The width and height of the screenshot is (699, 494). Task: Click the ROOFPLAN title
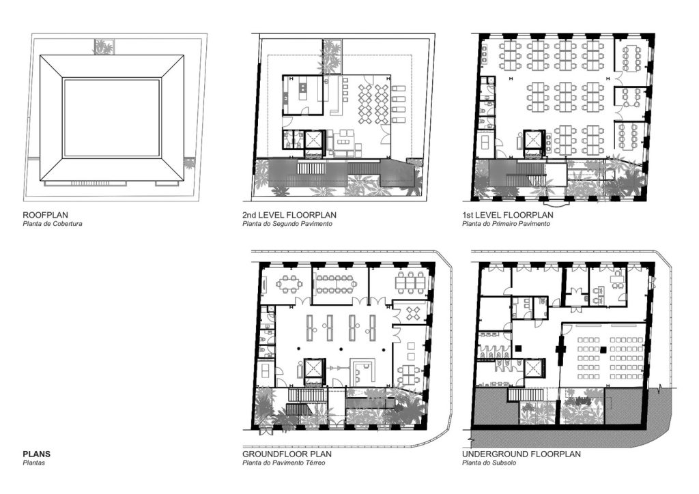tap(46, 215)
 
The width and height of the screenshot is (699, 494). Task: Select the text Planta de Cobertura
tap(53, 224)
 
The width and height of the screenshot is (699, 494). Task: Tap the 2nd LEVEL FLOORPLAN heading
tap(289, 215)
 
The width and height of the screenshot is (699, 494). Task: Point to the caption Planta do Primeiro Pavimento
tap(506, 224)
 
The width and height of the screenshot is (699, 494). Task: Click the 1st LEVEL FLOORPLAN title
tap(508, 215)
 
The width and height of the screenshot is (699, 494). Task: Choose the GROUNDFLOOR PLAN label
tap(287, 454)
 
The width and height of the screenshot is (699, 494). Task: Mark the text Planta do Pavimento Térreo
tap(284, 463)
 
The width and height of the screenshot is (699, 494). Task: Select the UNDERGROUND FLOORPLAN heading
tap(522, 454)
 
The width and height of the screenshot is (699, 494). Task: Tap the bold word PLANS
tap(37, 454)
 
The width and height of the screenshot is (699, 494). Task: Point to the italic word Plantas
tap(34, 463)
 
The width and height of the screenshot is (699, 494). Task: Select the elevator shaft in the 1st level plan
tap(534, 139)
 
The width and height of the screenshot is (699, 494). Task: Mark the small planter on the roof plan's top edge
tap(104, 47)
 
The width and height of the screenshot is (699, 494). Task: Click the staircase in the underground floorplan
tap(525, 394)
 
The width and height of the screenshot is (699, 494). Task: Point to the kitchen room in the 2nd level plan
tap(303, 95)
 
